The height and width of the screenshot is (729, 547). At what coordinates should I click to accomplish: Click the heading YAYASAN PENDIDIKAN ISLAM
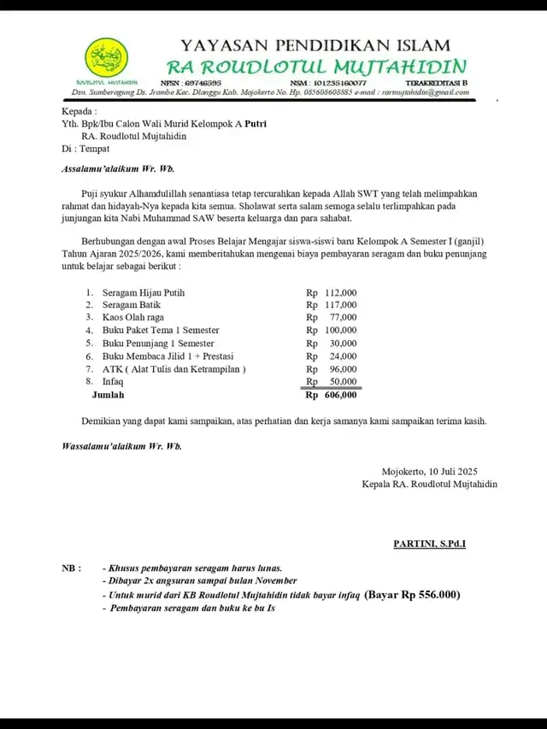[x=321, y=46]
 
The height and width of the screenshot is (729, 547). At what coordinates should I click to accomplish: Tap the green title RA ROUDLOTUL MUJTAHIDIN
[x=316, y=67]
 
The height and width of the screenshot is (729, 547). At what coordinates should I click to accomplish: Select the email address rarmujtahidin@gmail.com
[x=424, y=91]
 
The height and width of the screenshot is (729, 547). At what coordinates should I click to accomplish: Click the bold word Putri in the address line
[x=256, y=123]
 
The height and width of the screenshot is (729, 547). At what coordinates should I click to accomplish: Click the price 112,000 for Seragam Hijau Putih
[x=339, y=293]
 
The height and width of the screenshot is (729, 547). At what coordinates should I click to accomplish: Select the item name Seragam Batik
[x=132, y=305]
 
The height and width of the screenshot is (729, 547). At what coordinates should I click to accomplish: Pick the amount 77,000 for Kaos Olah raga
[x=343, y=317]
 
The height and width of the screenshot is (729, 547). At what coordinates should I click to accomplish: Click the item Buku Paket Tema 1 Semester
[x=161, y=330]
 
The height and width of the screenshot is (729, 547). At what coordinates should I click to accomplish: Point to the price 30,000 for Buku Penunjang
[x=343, y=343]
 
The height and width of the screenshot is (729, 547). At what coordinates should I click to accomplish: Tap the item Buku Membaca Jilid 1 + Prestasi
[x=168, y=356]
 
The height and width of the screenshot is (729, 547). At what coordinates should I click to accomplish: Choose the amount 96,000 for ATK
[x=343, y=369]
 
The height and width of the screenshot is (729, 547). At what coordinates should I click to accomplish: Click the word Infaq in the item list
[x=113, y=382]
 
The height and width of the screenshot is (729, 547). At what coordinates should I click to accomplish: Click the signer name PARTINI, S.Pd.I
[x=429, y=544]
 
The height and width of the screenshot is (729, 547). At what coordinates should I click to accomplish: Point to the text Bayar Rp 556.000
[x=412, y=595]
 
